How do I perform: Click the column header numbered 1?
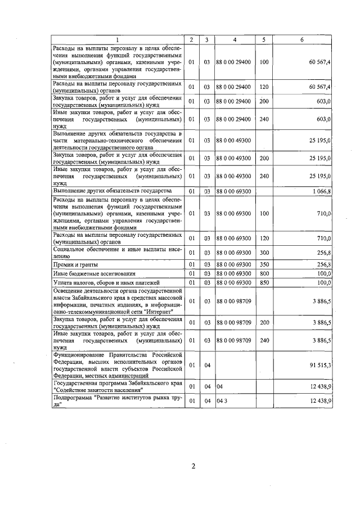coord(118,39)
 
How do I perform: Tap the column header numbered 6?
coord(303,39)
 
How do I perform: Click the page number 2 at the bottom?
coord(192,466)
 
